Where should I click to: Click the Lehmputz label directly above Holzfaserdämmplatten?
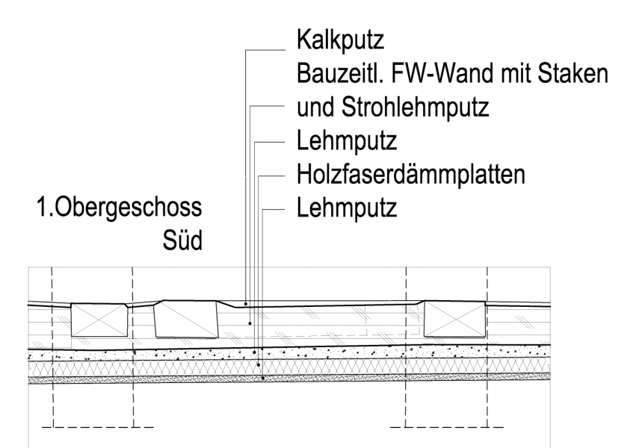pyautogui.click(x=346, y=141)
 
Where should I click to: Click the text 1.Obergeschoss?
pyautogui.click(x=120, y=208)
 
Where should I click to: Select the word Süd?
pyautogui.click(x=182, y=241)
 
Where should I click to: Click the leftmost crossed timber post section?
pyautogui.click(x=99, y=320)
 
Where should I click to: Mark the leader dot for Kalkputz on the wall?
pyautogui.click(x=247, y=304)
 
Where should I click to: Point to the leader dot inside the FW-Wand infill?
pyautogui.click(x=251, y=323)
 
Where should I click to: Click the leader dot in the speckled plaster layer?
pyautogui.click(x=256, y=351)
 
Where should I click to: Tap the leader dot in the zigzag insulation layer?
pyautogui.click(x=259, y=364)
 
